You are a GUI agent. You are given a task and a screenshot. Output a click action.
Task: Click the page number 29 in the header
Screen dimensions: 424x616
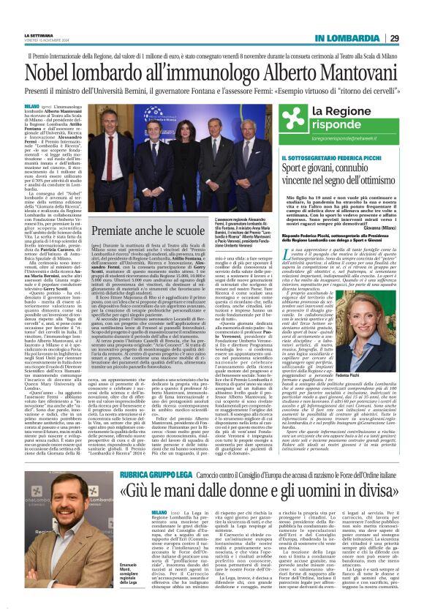point(394,38)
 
